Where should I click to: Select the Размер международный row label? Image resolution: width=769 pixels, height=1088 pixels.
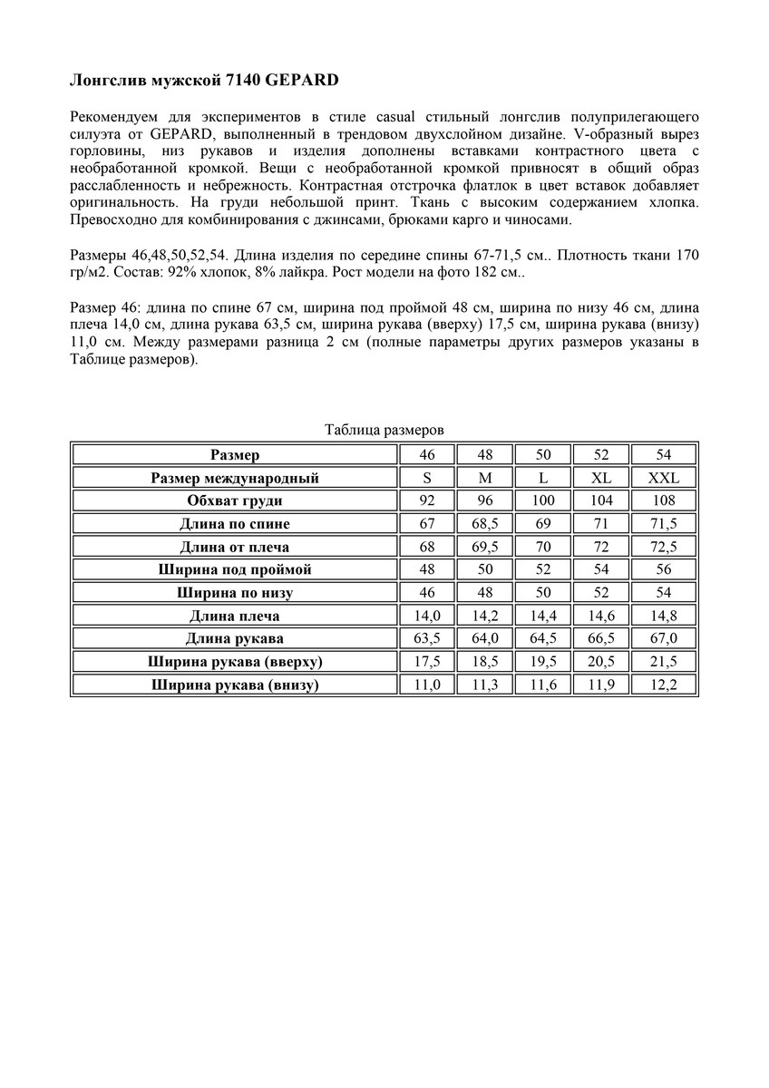click(235, 478)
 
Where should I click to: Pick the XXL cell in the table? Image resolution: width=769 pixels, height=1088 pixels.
click(664, 478)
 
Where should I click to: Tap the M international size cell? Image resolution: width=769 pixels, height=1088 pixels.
click(485, 478)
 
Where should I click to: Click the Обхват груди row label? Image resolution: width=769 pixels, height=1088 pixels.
click(235, 500)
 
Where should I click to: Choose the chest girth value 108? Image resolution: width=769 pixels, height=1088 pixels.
click(664, 500)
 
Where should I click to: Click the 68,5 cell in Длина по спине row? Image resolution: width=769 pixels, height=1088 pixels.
click(485, 524)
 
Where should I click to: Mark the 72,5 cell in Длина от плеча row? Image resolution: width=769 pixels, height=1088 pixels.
click(664, 547)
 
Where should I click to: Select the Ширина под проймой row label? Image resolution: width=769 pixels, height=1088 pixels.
click(235, 569)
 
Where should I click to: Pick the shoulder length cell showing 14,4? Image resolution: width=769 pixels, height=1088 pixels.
click(543, 616)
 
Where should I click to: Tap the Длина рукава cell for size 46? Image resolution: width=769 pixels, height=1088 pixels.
click(426, 638)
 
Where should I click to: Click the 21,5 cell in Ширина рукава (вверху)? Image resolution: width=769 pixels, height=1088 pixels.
click(664, 662)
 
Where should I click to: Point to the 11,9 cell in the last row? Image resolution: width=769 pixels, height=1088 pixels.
click(602, 685)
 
